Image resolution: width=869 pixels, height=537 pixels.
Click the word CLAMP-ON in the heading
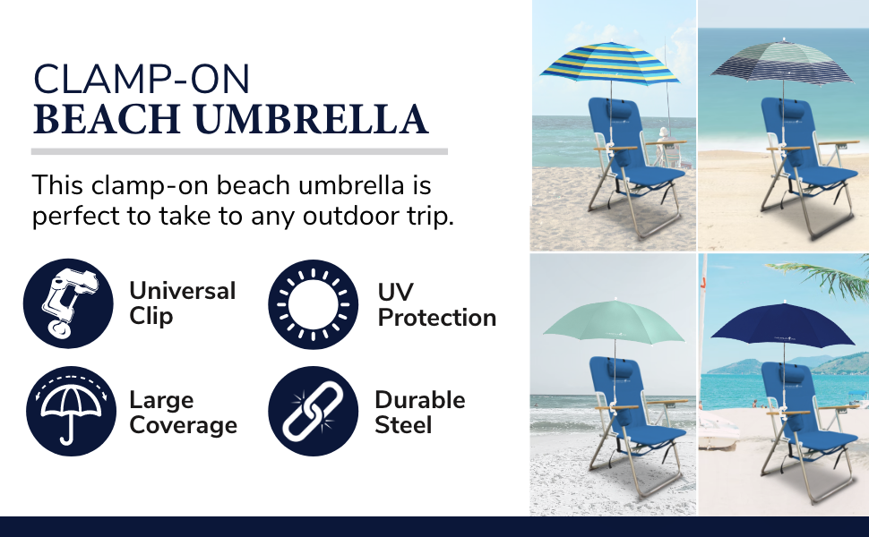pos(142,80)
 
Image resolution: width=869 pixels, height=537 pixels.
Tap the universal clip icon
pos(69,303)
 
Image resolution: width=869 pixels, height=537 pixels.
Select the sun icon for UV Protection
pos(313,303)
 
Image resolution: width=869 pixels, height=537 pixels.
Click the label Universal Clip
pos(182,303)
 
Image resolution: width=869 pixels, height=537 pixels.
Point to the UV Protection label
pos(436,305)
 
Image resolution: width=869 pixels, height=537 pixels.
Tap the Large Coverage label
pos(183,413)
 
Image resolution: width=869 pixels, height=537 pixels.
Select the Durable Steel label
pos(419,412)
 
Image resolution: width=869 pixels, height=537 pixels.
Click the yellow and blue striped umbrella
pos(609,67)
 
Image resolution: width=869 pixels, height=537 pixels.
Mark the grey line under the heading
pos(239,151)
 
